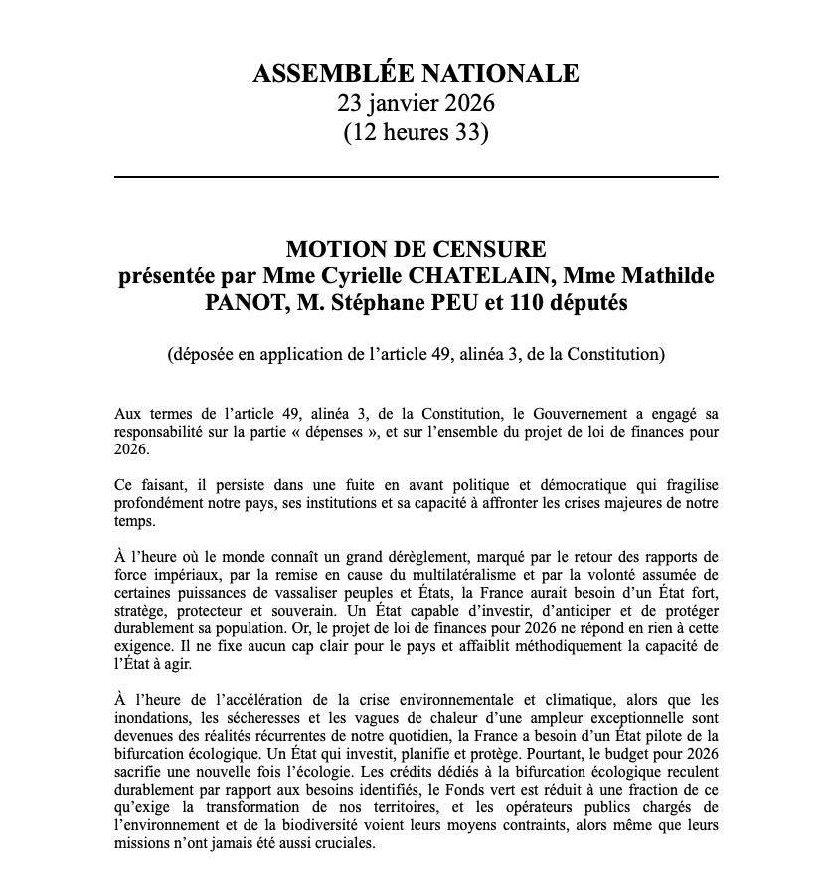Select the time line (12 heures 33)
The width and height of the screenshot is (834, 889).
tap(416, 132)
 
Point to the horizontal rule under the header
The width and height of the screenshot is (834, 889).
tap(416, 177)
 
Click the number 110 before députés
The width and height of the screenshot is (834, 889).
tap(529, 303)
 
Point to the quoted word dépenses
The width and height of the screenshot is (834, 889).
tap(365, 433)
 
